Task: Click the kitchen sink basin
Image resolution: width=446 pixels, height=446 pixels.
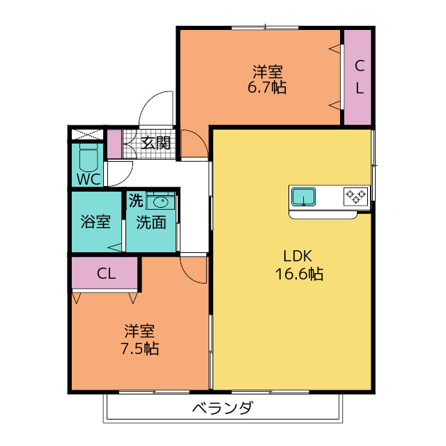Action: [304, 197]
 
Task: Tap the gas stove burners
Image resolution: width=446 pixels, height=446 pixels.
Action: [356, 197]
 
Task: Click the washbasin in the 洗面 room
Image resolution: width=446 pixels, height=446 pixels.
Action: [160, 202]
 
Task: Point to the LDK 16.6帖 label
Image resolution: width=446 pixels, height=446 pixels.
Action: [299, 265]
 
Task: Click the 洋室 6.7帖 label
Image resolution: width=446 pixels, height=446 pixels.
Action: [267, 79]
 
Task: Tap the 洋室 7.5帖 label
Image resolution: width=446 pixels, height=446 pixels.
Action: [139, 339]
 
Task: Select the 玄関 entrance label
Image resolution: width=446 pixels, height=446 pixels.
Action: [155, 143]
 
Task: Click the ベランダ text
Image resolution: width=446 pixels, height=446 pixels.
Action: [222, 408]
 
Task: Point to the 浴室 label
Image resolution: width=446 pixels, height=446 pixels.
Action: [95, 222]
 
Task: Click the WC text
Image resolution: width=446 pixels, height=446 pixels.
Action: [89, 179]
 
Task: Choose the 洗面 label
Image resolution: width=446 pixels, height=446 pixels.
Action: [151, 222]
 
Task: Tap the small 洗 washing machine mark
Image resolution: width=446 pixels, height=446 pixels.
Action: [136, 201]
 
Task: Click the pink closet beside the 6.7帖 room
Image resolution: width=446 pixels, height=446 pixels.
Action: [357, 77]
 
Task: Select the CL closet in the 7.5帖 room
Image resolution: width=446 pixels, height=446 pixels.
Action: [105, 272]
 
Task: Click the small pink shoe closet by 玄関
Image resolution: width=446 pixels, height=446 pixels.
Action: [114, 144]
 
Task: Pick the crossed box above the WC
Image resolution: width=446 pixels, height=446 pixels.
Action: [86, 134]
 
